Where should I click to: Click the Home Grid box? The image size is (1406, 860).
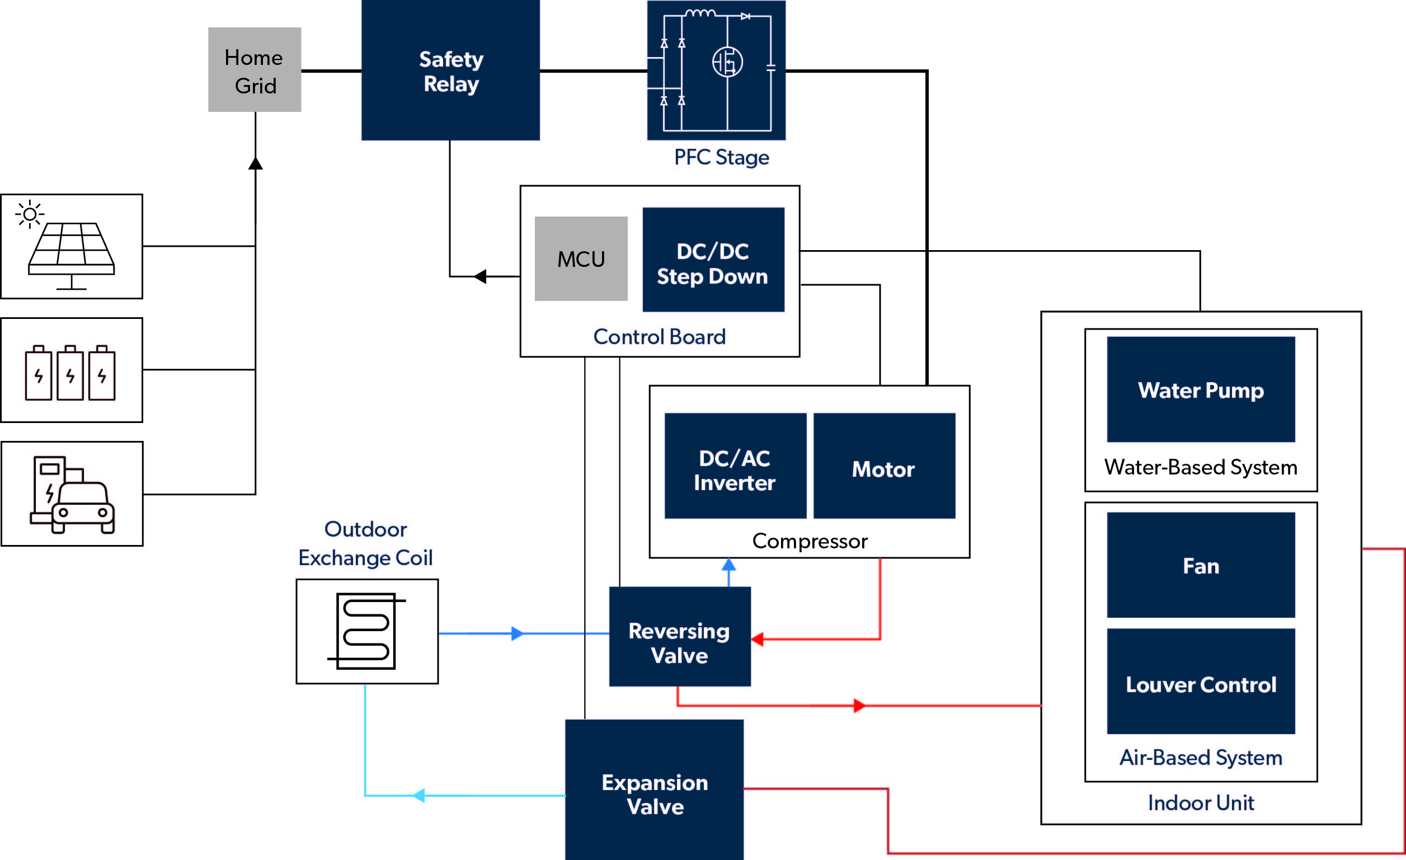(x=255, y=69)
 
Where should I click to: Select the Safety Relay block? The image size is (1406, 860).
(x=450, y=70)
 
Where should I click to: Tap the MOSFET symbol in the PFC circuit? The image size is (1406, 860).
(x=727, y=62)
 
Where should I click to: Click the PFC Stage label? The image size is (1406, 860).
(x=721, y=157)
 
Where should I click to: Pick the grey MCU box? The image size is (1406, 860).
(x=581, y=259)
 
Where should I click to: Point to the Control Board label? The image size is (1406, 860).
(x=659, y=337)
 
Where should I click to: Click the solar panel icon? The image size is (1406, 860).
(x=71, y=248)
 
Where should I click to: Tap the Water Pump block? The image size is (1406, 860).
(x=1201, y=389)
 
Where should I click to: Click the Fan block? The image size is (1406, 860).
(x=1201, y=565)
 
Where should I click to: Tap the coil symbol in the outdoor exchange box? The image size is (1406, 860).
(x=366, y=631)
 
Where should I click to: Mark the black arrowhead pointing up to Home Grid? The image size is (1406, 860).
(x=256, y=164)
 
